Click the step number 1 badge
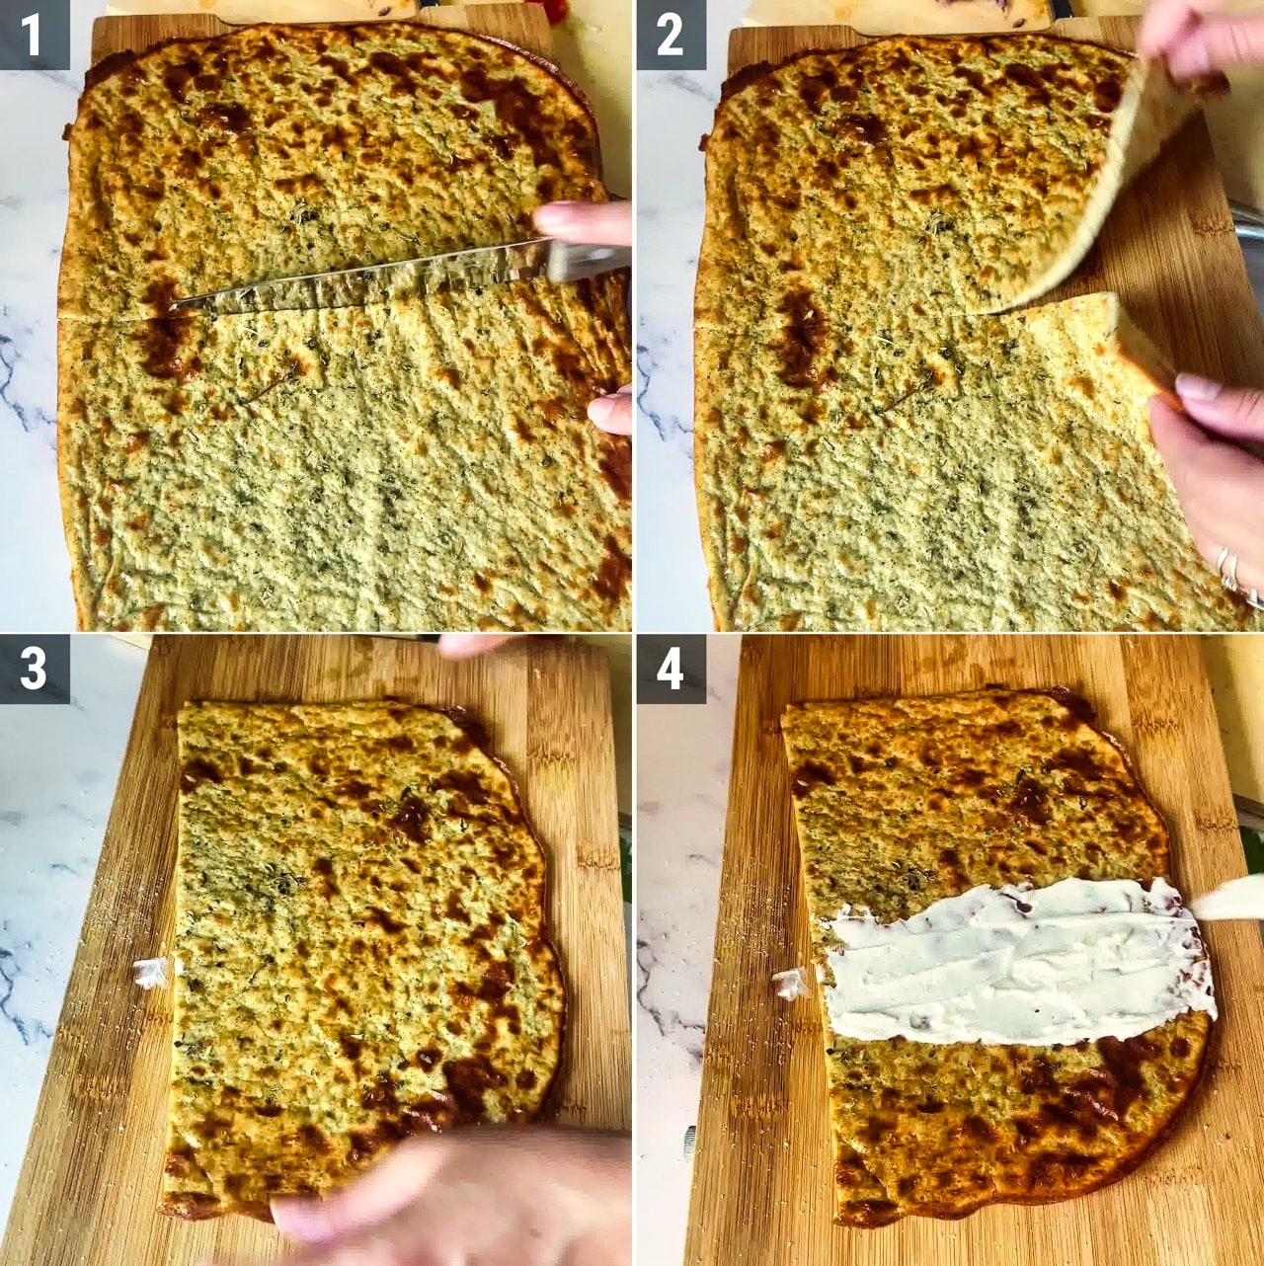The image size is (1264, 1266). click(35, 35)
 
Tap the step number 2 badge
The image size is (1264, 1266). click(671, 35)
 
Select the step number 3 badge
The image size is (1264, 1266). click(35, 669)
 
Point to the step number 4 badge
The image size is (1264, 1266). click(671, 669)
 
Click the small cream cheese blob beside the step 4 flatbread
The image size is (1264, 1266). click(790, 984)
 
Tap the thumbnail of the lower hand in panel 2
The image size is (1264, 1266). click(1197, 389)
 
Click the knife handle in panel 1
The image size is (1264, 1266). click(588, 260)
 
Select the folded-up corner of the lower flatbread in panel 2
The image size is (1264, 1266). click(1144, 349)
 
